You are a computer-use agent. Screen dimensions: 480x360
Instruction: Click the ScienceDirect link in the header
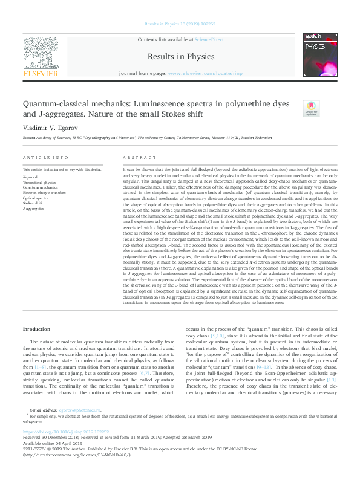coord(209,39)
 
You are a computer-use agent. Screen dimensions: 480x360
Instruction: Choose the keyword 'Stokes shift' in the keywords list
coord(33,203)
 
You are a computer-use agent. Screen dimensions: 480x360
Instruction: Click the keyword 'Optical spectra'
coord(35,198)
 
